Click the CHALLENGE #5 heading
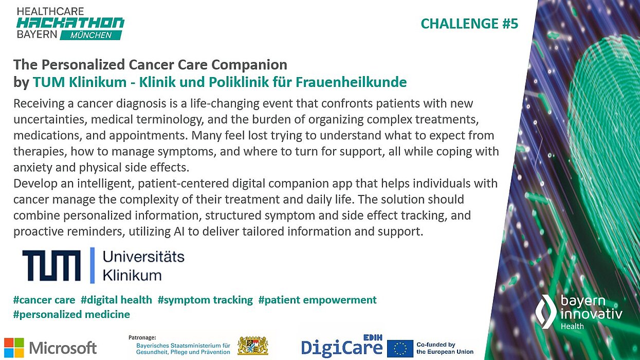pyautogui.click(x=469, y=24)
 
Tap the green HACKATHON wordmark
pyautogui.click(x=70, y=23)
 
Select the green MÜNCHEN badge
pyautogui.click(x=91, y=35)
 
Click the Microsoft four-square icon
pyautogui.click(x=14, y=348)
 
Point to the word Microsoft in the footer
pyautogui.click(x=63, y=348)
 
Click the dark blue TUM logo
pyautogui.click(x=51, y=265)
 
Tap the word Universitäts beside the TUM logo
pyautogui.click(x=143, y=257)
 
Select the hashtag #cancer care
pyautogui.click(x=44, y=300)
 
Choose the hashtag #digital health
pyautogui.click(x=116, y=300)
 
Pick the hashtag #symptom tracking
pyautogui.click(x=205, y=300)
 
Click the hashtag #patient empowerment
pyautogui.click(x=317, y=300)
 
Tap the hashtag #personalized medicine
pyautogui.click(x=71, y=314)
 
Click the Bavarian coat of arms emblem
pyautogui.click(x=252, y=346)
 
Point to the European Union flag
pyautogui.click(x=400, y=348)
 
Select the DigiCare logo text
pyautogui.click(x=341, y=348)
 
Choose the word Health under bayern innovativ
pyautogui.click(x=572, y=327)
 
